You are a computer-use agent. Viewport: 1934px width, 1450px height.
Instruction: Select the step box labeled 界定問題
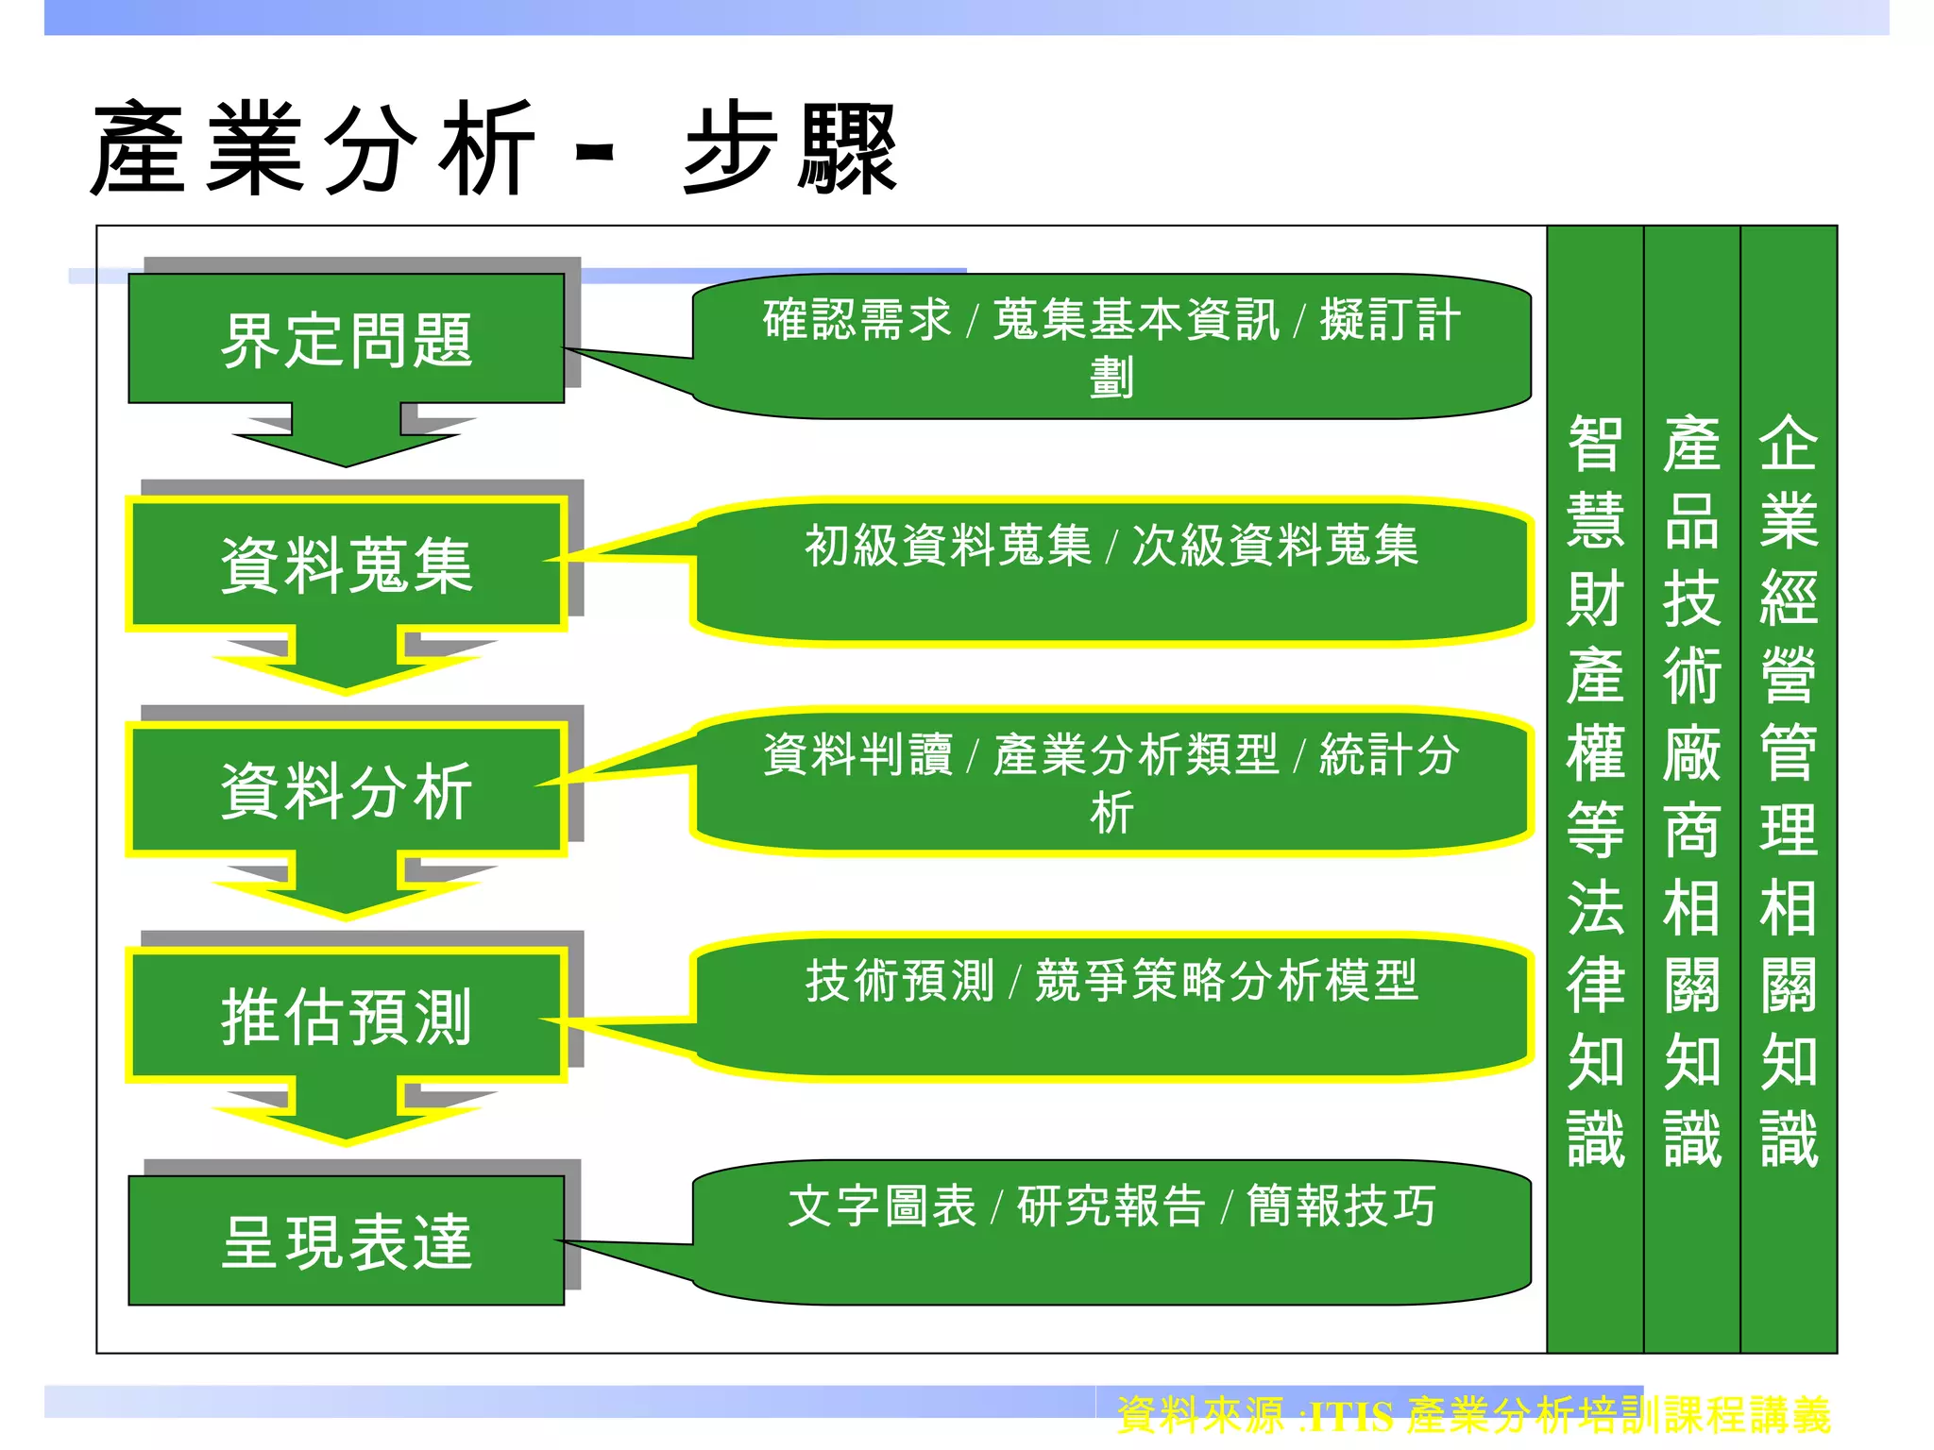(346, 339)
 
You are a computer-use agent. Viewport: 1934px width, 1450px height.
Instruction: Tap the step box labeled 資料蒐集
(346, 564)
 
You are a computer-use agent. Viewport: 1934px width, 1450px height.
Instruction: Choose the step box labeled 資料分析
(346, 789)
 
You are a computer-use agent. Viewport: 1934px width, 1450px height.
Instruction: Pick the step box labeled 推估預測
(346, 1015)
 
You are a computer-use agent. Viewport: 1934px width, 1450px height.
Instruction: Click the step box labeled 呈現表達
(346, 1240)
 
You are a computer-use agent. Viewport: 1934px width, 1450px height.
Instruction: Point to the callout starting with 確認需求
(1111, 346)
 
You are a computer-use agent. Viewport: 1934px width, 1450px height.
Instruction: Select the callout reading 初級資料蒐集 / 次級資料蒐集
(1111, 572)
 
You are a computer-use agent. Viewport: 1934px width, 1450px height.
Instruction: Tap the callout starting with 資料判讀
(1111, 782)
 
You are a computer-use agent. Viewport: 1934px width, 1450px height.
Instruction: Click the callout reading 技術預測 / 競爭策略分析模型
(1111, 1006)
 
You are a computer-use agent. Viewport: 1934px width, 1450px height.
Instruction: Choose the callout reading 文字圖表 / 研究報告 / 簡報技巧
(1111, 1232)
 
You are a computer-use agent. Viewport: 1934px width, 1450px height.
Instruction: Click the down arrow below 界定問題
(346, 436)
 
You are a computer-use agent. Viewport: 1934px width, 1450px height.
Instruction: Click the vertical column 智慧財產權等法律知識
(1595, 789)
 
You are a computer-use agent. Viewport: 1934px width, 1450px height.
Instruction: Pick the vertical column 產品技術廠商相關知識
(1691, 789)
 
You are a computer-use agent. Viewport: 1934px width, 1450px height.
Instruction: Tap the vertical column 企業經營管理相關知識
(1789, 789)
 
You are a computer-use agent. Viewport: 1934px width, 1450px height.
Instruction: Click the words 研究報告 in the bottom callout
(1111, 1206)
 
